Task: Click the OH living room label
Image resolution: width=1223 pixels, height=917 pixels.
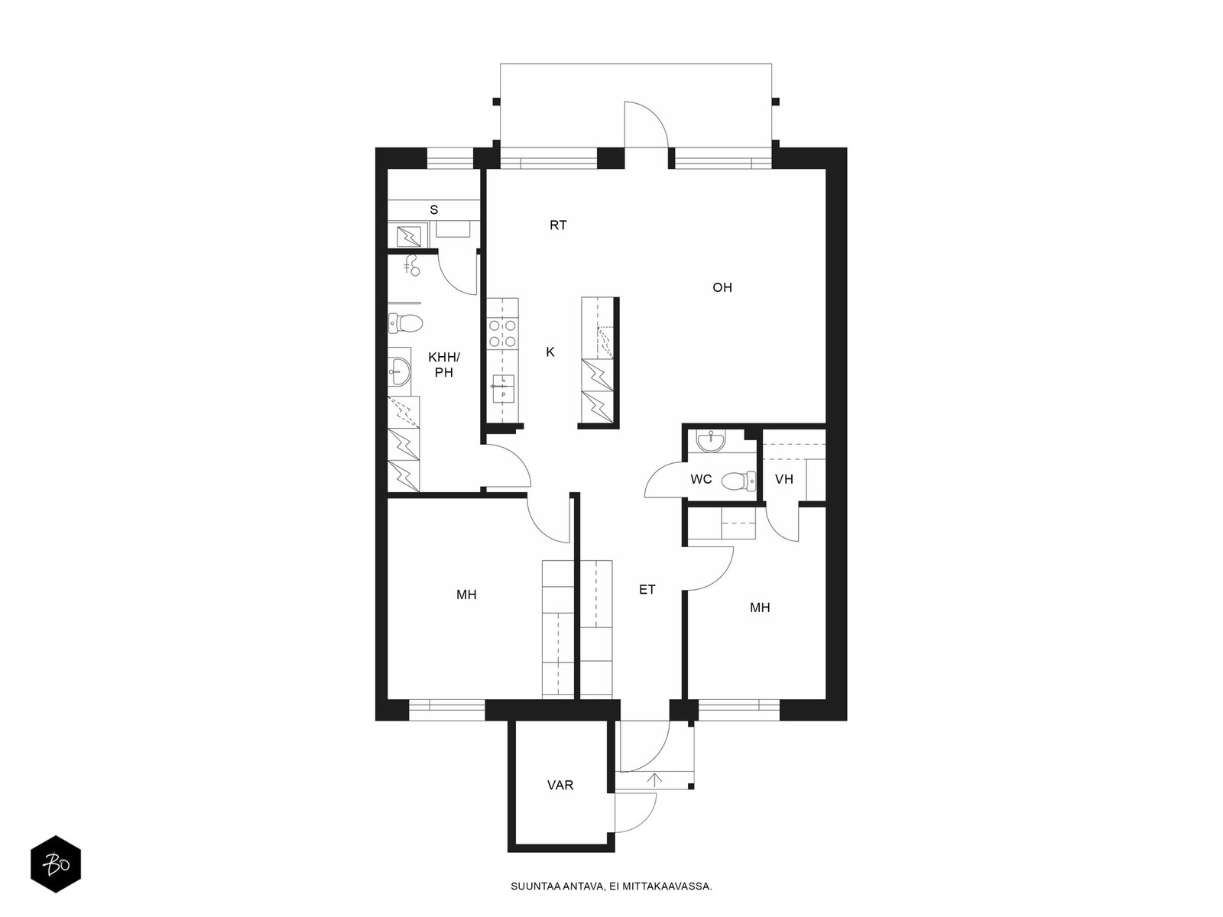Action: tap(722, 287)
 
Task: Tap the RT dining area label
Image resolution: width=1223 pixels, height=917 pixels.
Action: tap(558, 225)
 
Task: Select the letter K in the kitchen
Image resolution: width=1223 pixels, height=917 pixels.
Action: tap(550, 352)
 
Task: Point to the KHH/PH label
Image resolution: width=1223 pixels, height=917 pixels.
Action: tap(443, 365)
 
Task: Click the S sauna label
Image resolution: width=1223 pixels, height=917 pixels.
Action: tap(433, 210)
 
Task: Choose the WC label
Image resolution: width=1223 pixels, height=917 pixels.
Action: tap(701, 479)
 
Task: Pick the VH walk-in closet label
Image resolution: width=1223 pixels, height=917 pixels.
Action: tap(784, 479)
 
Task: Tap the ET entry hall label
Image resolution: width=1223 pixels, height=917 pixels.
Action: tap(647, 589)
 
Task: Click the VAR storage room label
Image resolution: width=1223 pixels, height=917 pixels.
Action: tap(560, 785)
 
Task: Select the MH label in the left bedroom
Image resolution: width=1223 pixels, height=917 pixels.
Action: tap(466, 595)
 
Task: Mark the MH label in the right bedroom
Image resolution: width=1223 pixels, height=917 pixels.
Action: tap(760, 608)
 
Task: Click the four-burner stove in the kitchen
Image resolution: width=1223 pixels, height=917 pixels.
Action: tap(502, 333)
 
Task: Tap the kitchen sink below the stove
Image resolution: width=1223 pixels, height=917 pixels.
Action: tap(502, 389)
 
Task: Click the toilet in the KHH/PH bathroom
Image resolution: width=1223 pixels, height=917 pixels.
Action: tap(406, 323)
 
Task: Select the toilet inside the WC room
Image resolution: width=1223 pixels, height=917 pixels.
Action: tap(738, 481)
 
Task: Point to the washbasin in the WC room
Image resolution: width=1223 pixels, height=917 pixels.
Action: tap(710, 442)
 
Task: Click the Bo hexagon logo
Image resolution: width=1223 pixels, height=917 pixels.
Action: tap(56, 864)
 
